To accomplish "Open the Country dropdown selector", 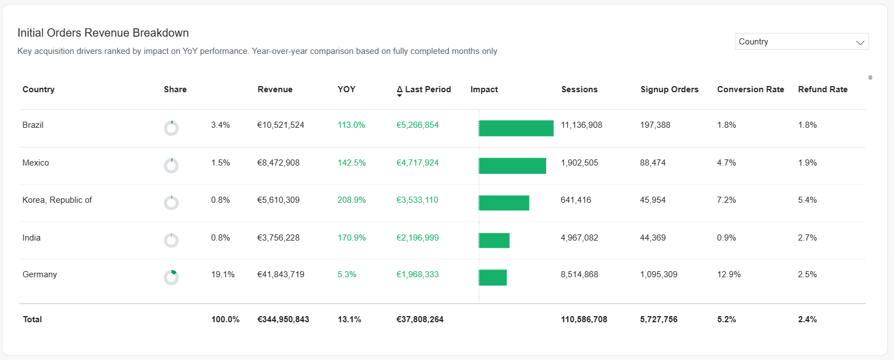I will point(801,42).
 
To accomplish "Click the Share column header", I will point(175,89).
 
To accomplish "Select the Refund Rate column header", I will point(822,89).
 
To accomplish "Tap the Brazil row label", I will point(33,125).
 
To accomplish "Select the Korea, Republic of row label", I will point(57,200).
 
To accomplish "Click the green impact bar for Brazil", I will point(516,128).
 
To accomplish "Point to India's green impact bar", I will point(494,241).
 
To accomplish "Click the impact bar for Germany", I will point(492,278).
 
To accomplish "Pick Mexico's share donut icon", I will point(171,166).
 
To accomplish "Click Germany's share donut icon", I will point(171,277).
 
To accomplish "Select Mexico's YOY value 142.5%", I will point(351,163).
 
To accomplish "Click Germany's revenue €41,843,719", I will point(281,274).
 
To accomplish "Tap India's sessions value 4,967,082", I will point(579,238).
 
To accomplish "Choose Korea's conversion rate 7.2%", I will point(726,200).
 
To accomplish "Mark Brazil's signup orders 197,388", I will point(655,125).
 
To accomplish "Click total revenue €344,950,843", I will point(283,319).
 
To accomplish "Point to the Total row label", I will point(32,319).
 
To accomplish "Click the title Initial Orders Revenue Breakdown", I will point(103,33).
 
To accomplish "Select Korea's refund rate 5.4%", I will point(807,200).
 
